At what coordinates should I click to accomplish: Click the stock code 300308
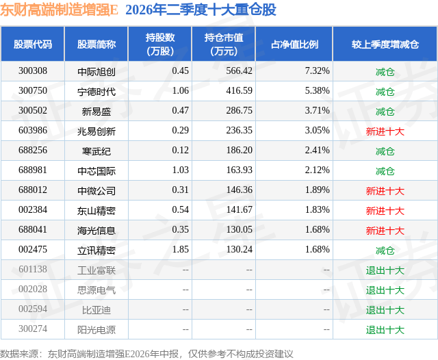[33, 71]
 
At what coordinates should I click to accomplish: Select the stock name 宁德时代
[96, 92]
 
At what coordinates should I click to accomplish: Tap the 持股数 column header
[160, 44]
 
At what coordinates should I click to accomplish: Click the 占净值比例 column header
[294, 44]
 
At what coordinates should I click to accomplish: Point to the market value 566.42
[239, 71]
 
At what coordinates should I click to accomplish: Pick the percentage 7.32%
[317, 71]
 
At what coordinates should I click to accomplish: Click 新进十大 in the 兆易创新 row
[385, 131]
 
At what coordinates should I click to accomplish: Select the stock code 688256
[33, 151]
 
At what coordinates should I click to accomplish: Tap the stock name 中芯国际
[96, 171]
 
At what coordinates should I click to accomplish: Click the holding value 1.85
[181, 249]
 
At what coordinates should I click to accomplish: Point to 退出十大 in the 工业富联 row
[385, 270]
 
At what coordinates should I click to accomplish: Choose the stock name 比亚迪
[96, 310]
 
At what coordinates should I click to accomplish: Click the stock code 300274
[33, 329]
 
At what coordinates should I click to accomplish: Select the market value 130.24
[239, 249]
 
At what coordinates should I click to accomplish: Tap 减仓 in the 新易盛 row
[385, 112]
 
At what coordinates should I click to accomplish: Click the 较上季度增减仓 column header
[385, 44]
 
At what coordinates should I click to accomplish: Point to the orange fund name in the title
[59, 10]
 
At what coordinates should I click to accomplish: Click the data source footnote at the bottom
[146, 354]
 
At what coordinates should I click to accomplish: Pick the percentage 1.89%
[317, 190]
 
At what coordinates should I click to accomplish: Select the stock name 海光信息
[96, 231]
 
